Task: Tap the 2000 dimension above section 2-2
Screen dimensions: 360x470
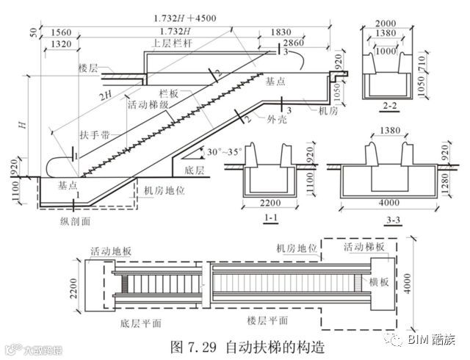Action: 389,24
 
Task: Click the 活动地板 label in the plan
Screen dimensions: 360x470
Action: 110,251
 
